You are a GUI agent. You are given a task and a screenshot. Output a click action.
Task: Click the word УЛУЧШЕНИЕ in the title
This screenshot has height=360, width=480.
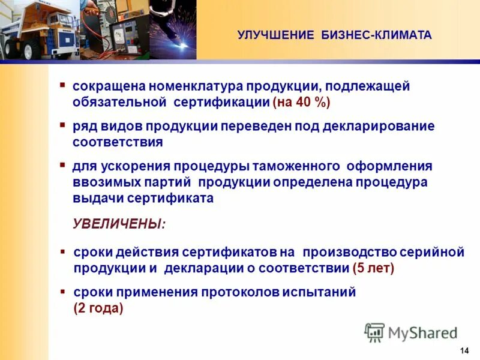tap(275, 35)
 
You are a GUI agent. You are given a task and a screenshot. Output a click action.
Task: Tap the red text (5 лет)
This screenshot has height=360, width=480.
tap(373, 268)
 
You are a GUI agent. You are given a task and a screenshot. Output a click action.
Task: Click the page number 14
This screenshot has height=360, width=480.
tap(464, 350)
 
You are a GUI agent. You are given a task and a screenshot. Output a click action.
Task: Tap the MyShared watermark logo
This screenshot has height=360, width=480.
tap(410, 332)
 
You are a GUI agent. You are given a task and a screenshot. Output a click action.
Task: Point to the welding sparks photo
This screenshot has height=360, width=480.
tap(175, 30)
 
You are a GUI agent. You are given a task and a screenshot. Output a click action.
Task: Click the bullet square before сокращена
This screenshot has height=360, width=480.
tap(63, 85)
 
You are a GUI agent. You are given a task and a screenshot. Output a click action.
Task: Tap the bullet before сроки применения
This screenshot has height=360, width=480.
tap(63, 291)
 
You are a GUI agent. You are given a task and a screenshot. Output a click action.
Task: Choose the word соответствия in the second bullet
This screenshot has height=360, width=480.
tap(118, 143)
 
